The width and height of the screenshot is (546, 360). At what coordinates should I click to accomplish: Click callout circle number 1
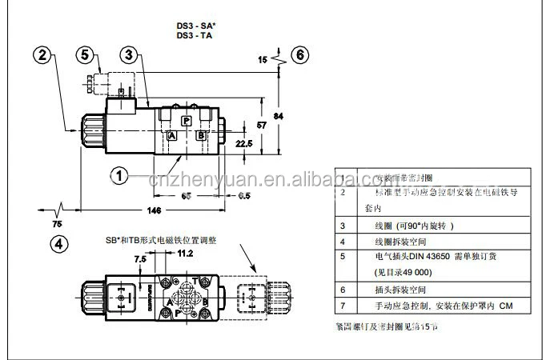[118, 174]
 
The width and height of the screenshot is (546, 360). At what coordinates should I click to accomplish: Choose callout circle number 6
[299, 55]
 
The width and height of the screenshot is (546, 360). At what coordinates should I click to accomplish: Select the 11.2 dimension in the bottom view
[184, 254]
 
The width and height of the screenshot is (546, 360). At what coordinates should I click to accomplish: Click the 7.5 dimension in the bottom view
[140, 259]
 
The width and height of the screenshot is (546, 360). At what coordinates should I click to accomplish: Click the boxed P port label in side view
[185, 120]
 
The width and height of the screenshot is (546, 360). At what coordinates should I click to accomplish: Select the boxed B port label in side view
[201, 135]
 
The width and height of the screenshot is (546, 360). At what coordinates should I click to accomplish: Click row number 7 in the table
[343, 306]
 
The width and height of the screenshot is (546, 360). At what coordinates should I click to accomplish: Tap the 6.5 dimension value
[222, 196]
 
